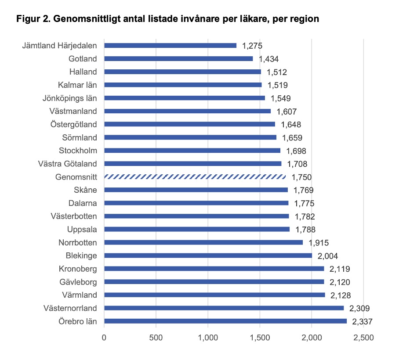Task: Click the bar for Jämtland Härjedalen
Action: click(170, 45)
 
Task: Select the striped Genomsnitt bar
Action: click(195, 177)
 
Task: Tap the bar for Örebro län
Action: click(225, 321)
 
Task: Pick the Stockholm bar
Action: click(192, 151)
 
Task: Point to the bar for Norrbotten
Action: click(203, 242)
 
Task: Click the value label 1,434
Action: click(268, 59)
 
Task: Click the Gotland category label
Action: click(83, 58)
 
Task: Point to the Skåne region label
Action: click(86, 190)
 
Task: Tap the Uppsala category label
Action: click(82, 229)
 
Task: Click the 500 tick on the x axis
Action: click(156, 338)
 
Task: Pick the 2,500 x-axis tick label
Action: click(363, 338)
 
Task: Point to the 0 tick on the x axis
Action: click(104, 338)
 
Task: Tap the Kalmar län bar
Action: click(182, 85)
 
